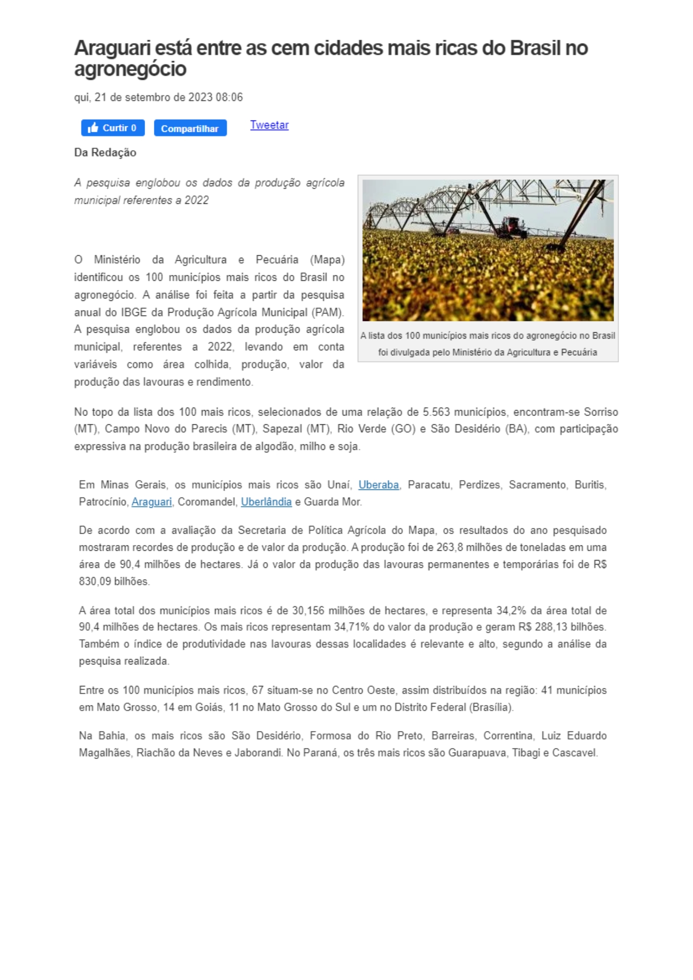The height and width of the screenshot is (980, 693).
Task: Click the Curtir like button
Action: (113, 128)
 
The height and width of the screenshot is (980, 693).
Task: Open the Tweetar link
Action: (269, 125)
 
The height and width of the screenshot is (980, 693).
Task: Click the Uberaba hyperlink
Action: (378, 485)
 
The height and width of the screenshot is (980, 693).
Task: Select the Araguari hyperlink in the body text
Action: (151, 502)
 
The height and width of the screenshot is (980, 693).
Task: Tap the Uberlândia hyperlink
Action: (266, 502)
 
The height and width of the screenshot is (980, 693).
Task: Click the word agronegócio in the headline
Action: (130, 69)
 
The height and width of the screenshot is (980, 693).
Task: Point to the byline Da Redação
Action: (105, 152)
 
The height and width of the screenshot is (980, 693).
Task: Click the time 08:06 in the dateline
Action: (229, 98)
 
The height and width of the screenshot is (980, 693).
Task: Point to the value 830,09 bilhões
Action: (114, 581)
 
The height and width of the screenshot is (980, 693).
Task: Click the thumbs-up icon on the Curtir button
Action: (93, 128)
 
